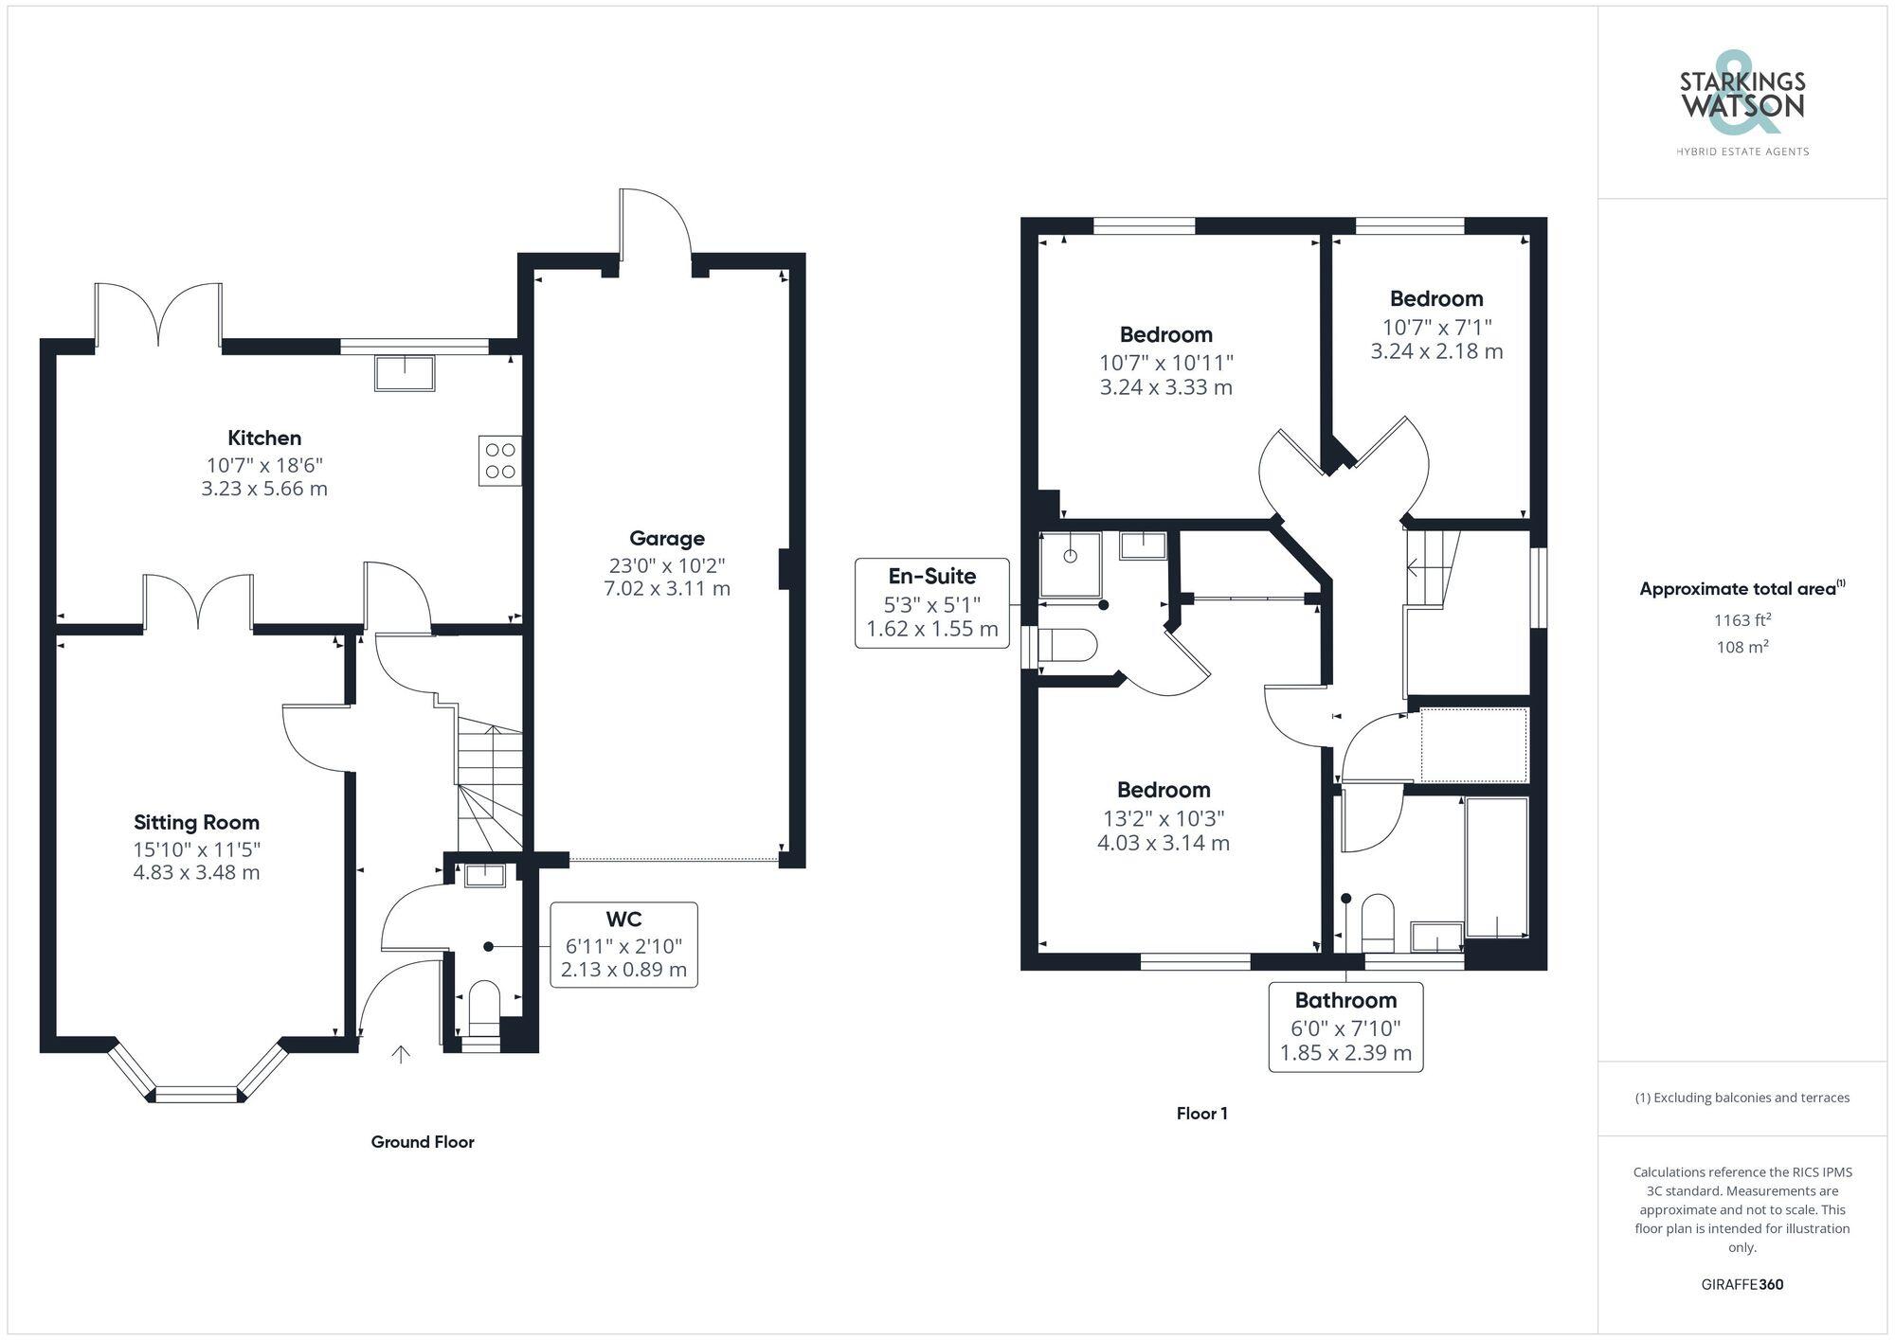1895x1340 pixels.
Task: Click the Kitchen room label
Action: point(264,438)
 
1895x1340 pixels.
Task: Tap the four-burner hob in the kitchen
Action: point(499,460)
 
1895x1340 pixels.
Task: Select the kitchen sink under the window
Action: point(405,373)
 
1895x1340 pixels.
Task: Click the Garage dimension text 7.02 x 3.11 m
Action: point(667,588)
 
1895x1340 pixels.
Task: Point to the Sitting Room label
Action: point(196,822)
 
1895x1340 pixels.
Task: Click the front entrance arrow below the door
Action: point(401,1054)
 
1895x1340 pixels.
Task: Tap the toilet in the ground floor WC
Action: point(484,1007)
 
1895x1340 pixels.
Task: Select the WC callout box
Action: point(623,944)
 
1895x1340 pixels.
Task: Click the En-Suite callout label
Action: point(931,576)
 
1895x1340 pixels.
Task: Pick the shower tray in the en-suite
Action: point(1071,564)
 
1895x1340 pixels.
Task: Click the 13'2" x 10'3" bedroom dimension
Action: point(1164,818)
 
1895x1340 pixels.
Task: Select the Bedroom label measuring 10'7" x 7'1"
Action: point(1436,298)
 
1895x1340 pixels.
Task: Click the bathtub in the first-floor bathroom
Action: point(1497,867)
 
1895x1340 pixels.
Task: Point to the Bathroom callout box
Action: point(1345,1027)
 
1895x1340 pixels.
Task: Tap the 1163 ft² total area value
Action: point(1742,620)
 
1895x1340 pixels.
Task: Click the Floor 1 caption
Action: point(1201,1114)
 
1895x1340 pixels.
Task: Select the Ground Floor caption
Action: point(423,1142)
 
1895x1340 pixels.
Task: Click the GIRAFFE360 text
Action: point(1742,1284)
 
